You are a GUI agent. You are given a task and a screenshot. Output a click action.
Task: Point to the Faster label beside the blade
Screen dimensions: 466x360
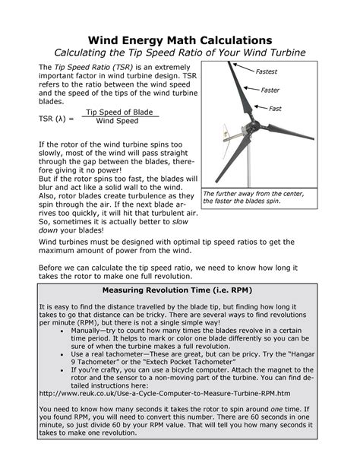point(271,90)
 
